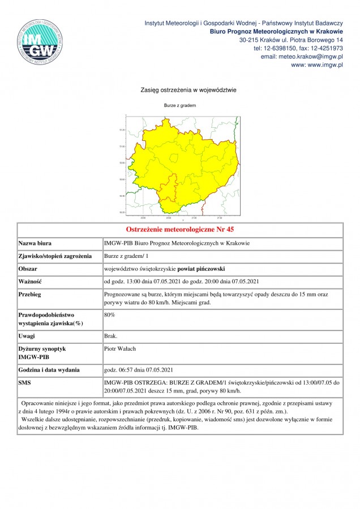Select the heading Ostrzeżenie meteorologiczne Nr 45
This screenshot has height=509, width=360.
coord(179,230)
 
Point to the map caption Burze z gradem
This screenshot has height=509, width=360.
coord(179,106)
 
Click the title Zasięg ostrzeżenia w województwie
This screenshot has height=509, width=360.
coord(179,90)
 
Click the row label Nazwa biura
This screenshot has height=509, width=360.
coord(35,243)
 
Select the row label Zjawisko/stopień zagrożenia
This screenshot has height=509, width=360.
coord(55,256)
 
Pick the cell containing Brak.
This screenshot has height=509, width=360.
coord(110,336)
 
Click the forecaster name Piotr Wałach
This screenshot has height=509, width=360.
coord(120,349)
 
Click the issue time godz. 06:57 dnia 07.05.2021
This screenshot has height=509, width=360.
coord(138,370)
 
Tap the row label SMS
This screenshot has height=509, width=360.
coord(26,383)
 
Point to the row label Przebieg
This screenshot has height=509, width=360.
coord(29,295)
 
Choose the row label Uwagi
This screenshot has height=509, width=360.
coord(27,336)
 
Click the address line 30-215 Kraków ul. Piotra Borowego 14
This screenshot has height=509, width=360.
coord(291,40)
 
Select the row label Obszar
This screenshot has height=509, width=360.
coord(28,269)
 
